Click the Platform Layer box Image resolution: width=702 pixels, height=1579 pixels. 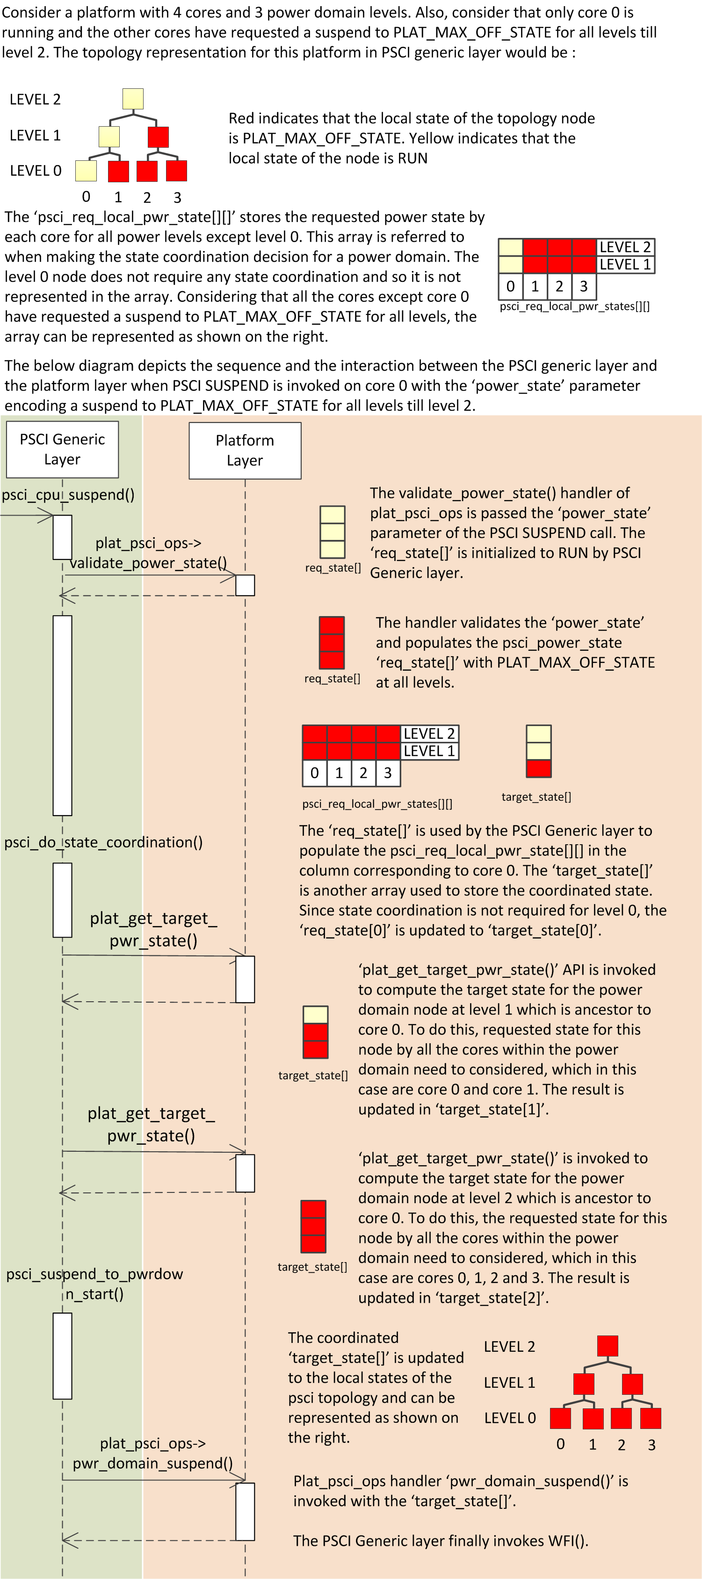pyautogui.click(x=245, y=451)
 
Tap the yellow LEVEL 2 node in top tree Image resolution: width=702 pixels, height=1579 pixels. pyautogui.click(x=133, y=99)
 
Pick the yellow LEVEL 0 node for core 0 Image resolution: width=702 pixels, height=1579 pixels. pyautogui.click(x=86, y=171)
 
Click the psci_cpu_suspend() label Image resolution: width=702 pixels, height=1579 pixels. pyautogui.click(x=68, y=495)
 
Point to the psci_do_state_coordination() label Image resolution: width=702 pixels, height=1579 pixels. pyautogui.click(x=103, y=842)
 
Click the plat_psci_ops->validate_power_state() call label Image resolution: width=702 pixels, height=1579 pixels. pyautogui.click(x=148, y=553)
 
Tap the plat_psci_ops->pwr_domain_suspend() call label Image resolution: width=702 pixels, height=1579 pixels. pyautogui.click(x=152, y=1453)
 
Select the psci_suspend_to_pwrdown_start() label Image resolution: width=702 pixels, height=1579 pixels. pyautogui.click(x=94, y=1284)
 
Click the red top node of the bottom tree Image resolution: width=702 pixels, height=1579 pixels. pyautogui.click(x=607, y=1346)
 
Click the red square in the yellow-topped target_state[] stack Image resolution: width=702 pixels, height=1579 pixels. pyautogui.click(x=538, y=768)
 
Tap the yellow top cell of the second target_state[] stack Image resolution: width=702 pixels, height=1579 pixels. pyautogui.click(x=315, y=1014)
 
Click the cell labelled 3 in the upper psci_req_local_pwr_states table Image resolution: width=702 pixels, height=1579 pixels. pyautogui.click(x=584, y=286)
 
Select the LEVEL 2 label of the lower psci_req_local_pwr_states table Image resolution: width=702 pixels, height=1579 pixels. pyautogui.click(x=429, y=734)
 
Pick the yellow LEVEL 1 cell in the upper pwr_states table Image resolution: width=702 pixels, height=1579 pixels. pyautogui.click(x=510, y=265)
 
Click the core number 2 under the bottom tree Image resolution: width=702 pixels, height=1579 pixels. pyautogui.click(x=621, y=1445)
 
